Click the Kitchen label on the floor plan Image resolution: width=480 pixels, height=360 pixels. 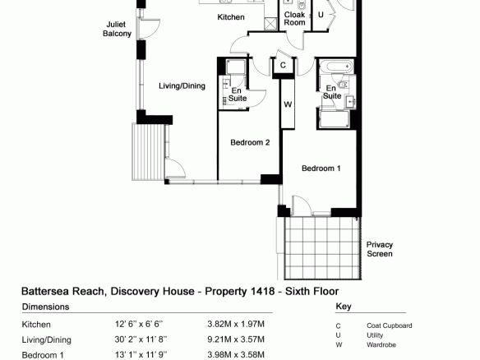point(231,17)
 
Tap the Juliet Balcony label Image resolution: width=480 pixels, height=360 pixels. point(117,29)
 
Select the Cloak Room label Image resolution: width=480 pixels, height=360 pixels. point(294,18)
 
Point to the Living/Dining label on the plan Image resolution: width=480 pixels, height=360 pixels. point(182,85)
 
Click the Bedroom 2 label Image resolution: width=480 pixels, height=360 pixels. point(250,142)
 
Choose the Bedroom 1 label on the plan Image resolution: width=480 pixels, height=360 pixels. point(321,168)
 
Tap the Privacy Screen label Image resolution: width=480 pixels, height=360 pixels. point(380,249)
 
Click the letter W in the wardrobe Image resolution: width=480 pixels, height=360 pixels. point(288,104)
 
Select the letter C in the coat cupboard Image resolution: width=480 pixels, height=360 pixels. point(283,65)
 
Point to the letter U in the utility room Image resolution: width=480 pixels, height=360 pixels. point(321,15)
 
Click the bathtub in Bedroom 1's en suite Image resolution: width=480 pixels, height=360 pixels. point(336,66)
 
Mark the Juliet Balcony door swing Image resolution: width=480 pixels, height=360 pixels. point(150,28)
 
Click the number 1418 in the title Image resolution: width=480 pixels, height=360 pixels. point(262,291)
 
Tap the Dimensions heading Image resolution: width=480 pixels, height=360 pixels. point(45,307)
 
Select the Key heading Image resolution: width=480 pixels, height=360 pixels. point(344,307)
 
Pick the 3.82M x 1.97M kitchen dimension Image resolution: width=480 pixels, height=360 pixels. point(236,324)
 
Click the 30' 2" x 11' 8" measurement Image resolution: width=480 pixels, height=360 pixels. point(141,339)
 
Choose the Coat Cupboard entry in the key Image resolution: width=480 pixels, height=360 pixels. point(389,325)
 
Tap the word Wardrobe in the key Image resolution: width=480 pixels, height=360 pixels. point(381,344)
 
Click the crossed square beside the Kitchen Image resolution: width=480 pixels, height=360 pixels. point(270,24)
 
